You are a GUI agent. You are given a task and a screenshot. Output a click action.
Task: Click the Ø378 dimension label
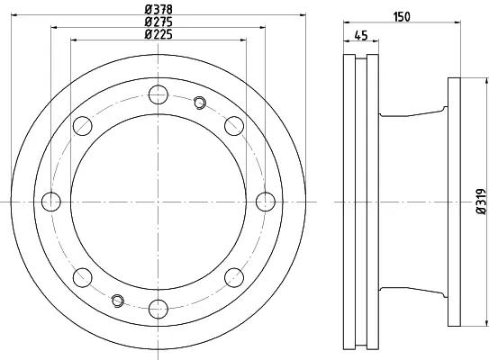click(x=158, y=10)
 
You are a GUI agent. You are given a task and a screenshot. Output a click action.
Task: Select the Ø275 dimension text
click(x=158, y=22)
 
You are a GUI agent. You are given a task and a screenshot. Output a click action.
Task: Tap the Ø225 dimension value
click(x=158, y=34)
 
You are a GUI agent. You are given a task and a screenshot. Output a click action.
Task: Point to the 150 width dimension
click(x=402, y=16)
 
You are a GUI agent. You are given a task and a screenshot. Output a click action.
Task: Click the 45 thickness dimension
click(x=361, y=35)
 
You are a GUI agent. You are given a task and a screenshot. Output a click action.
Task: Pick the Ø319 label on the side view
click(x=482, y=202)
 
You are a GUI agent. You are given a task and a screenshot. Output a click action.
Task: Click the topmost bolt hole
click(x=158, y=94)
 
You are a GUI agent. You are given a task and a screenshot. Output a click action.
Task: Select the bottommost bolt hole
click(x=158, y=309)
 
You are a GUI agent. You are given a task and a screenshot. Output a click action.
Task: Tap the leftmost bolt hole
click(x=51, y=202)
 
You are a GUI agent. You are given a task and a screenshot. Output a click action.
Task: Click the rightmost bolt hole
click(x=266, y=202)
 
